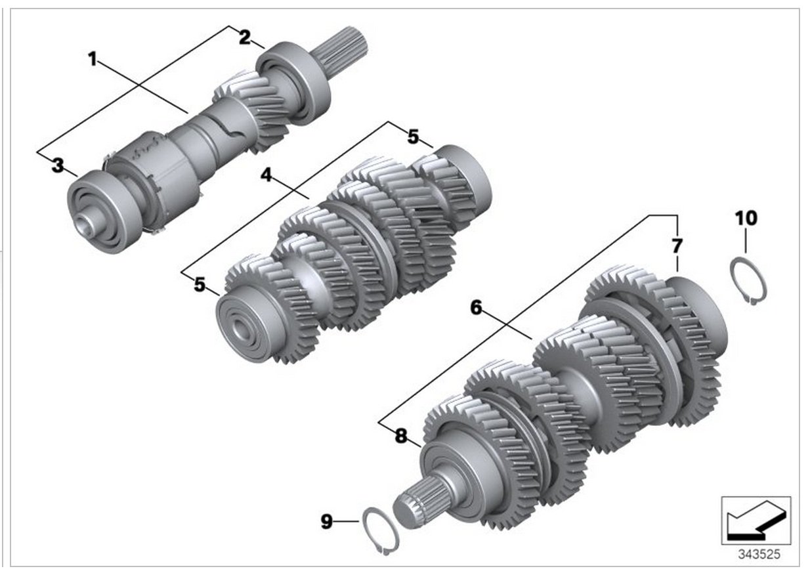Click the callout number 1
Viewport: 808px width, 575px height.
point(93,60)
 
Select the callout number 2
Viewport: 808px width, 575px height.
point(244,37)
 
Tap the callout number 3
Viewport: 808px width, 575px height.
point(58,165)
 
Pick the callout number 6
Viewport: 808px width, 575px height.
point(477,306)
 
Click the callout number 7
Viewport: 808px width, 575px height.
point(677,246)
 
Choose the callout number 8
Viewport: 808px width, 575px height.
point(401,435)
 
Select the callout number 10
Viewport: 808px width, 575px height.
point(746,218)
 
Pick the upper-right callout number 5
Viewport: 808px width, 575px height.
point(412,137)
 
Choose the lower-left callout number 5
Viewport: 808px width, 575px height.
point(199,285)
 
